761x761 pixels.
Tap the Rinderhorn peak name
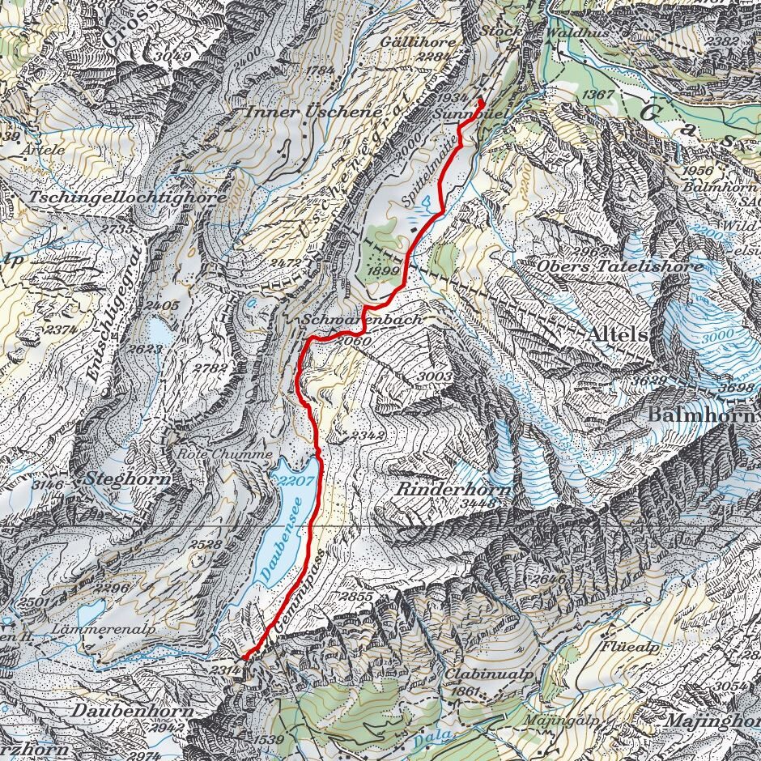tap(454, 490)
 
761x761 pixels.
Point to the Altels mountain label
tap(619, 334)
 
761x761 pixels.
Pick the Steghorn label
tap(129, 478)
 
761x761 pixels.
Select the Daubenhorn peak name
tap(134, 710)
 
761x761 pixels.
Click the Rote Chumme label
tap(225, 454)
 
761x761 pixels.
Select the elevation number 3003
tap(436, 376)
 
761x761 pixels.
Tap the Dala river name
tap(429, 739)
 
